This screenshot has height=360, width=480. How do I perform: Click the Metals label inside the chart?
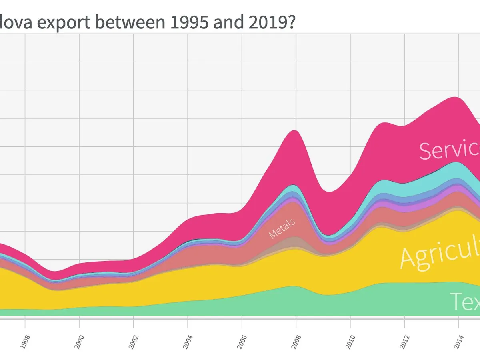click(282, 228)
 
